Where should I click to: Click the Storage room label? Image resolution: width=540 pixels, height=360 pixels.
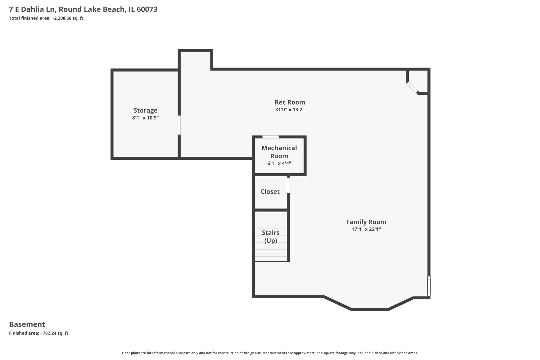tap(145, 110)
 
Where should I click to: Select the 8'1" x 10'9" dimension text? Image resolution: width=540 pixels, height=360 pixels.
tap(145, 118)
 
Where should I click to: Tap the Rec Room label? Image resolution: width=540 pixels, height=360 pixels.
tap(290, 102)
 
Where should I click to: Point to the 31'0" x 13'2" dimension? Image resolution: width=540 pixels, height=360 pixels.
tap(290, 110)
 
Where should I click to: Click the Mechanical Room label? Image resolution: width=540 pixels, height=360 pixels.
tap(279, 152)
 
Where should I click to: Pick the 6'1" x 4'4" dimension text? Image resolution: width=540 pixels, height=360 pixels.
tap(279, 163)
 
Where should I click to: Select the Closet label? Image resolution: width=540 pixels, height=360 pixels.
tap(270, 191)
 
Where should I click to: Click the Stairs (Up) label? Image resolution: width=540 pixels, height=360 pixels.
tap(270, 236)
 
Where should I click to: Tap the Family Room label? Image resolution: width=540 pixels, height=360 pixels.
tap(366, 222)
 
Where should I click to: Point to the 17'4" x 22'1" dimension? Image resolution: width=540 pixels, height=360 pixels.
tap(366, 229)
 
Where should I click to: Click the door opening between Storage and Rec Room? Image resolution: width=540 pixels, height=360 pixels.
tap(179, 125)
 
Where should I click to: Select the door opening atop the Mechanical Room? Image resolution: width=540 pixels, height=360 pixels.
tap(271, 137)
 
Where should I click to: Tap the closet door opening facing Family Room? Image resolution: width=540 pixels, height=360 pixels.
tap(288, 185)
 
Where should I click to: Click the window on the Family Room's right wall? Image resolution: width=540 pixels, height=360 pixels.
tap(429, 286)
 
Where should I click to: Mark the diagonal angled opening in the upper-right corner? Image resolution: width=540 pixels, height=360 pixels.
tap(412, 88)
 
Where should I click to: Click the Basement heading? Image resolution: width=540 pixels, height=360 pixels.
tap(27, 324)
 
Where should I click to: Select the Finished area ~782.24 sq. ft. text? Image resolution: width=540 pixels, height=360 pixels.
tap(39, 333)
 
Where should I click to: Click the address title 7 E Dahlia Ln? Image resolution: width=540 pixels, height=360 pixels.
tap(83, 9)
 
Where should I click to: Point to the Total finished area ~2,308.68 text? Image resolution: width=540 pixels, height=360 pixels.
tap(47, 18)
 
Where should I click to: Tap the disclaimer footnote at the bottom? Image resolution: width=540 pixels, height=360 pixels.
tap(270, 353)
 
